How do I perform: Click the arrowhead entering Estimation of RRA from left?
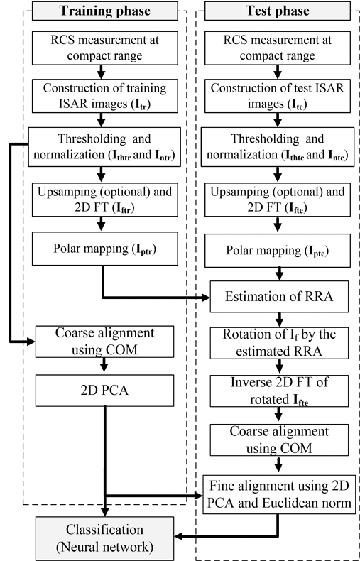[206, 295]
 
